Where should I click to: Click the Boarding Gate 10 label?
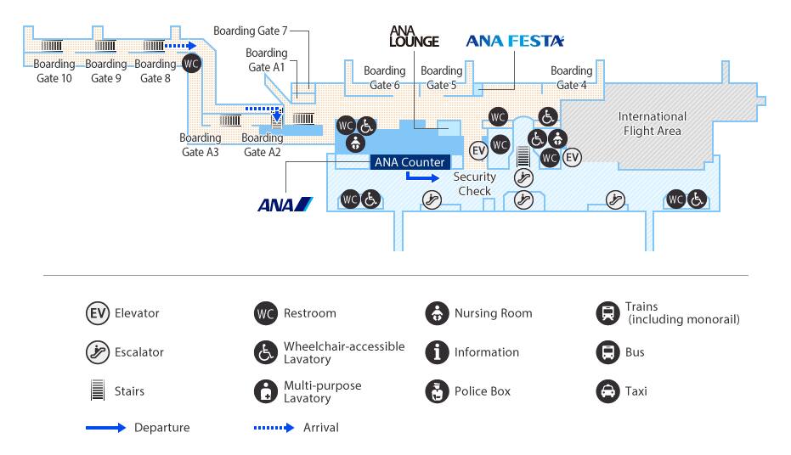(54, 71)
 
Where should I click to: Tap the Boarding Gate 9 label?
(106, 71)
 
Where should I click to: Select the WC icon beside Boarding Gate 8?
(191, 64)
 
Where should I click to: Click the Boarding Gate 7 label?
(250, 31)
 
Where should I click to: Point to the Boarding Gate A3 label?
(201, 144)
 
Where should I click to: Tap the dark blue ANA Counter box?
(410, 162)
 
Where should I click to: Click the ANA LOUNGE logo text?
(414, 37)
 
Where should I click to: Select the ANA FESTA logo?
(515, 41)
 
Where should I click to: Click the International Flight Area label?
(653, 123)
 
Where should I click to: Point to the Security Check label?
(474, 184)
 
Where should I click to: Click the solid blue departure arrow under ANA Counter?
(422, 177)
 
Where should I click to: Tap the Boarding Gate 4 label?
(572, 77)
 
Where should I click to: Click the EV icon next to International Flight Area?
(572, 158)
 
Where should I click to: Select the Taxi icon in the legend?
(607, 391)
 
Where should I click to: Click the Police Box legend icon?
(437, 391)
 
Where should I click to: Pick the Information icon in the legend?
(437, 352)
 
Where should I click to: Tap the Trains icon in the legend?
(607, 313)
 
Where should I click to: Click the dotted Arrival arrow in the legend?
(274, 428)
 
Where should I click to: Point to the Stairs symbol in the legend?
(98, 390)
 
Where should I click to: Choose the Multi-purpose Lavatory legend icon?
(266, 391)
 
